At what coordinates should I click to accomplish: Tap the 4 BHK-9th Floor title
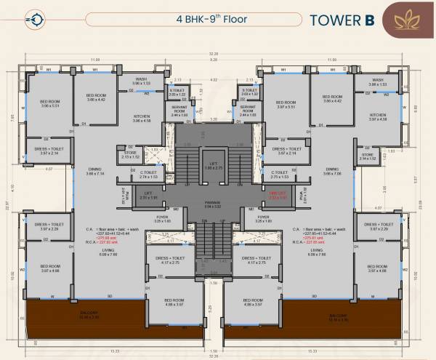tap(217, 17)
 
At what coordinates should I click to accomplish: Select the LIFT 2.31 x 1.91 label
tap(148, 196)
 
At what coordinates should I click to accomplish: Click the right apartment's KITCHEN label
tap(378, 117)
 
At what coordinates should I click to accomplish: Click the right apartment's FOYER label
tap(265, 219)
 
